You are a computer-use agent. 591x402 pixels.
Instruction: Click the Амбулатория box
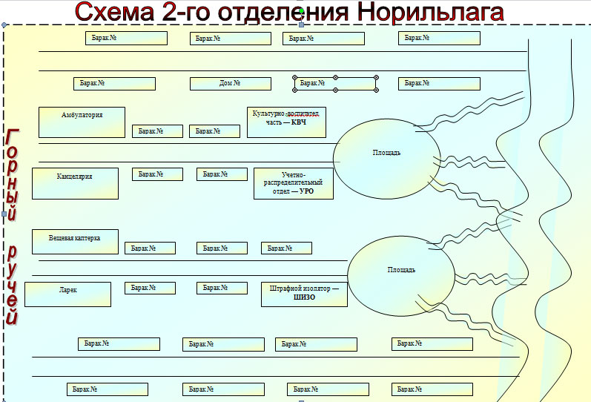82,122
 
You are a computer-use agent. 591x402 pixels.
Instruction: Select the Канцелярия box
75,183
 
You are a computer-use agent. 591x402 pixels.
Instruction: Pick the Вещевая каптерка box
76,242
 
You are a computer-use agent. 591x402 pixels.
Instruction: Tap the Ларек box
67,294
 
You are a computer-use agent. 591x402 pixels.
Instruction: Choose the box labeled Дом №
230,84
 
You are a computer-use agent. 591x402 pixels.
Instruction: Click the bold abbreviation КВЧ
298,122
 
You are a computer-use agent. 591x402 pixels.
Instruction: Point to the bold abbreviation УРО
306,191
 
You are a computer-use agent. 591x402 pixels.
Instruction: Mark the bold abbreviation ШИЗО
305,297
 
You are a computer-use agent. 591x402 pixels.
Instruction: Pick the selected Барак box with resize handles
335,84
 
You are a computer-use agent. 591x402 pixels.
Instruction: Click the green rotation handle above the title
300,9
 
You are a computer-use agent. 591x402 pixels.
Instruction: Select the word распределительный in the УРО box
293,182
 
